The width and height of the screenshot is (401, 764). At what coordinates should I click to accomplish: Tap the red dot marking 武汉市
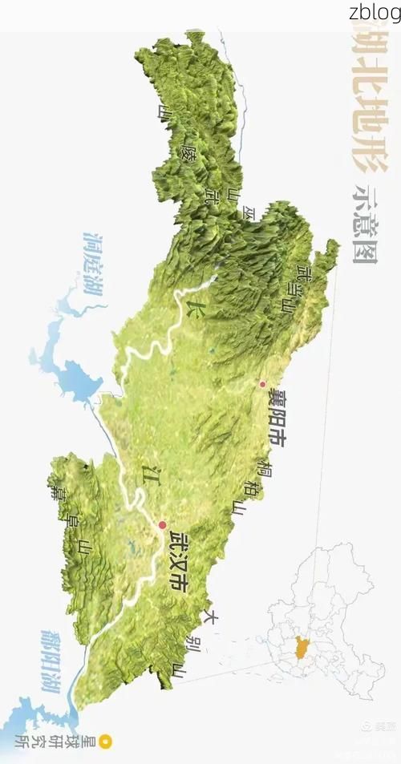click(x=163, y=525)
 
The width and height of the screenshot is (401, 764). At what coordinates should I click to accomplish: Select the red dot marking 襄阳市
click(x=262, y=384)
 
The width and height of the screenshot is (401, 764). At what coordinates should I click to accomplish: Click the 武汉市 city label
click(x=180, y=562)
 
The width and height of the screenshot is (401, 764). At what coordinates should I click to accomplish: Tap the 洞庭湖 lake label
click(x=95, y=265)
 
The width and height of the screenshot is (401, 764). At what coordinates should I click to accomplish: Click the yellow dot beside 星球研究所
click(x=105, y=742)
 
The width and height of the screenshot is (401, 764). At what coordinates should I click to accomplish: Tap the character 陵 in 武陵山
click(x=189, y=149)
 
